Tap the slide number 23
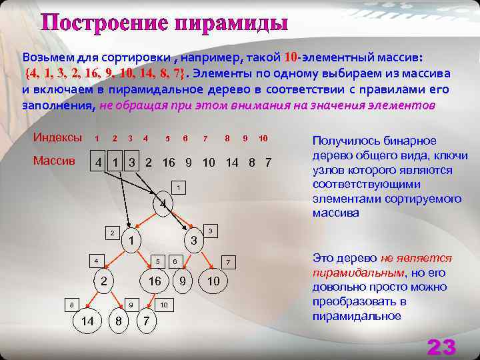(441, 347)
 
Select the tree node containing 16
(155, 281)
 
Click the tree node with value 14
(87, 322)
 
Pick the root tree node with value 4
(161, 203)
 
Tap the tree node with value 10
(213, 281)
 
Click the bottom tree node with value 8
(119, 322)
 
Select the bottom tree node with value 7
(146, 322)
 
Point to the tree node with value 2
(103, 281)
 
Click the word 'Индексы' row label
(58, 137)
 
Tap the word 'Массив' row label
(54, 163)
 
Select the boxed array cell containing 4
(99, 163)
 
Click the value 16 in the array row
(169, 163)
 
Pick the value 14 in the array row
(232, 163)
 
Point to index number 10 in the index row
(263, 138)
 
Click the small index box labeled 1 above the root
(177, 187)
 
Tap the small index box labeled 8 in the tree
(71, 305)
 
